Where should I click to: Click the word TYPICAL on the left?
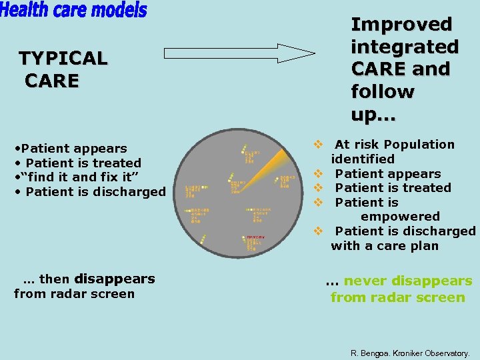63,59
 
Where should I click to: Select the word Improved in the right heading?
401,25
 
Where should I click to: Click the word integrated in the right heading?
405,47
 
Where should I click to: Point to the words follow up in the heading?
383,103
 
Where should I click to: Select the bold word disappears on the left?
115,279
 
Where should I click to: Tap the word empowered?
400,217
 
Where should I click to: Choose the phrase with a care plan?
385,246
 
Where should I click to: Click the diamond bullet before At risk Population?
319,145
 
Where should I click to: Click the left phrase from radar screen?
74,294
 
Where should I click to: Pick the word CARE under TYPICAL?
52,81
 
